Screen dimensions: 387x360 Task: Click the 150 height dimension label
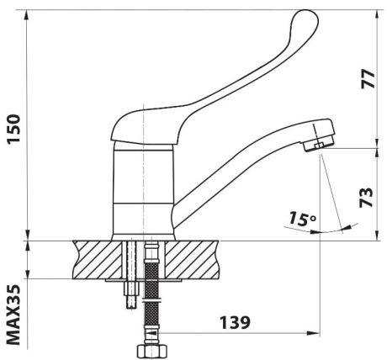[x=14, y=129]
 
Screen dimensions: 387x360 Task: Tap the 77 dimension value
[x=368, y=79]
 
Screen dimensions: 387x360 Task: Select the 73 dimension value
[x=367, y=197]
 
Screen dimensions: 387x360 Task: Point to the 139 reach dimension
[x=235, y=322]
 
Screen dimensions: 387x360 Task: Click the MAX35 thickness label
[x=13, y=315]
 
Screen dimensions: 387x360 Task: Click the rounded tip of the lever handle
[x=306, y=18]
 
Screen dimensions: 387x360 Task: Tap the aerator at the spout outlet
[x=318, y=145]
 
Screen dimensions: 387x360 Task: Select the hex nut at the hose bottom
[x=153, y=352]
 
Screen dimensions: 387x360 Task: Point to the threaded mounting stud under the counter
[x=131, y=293]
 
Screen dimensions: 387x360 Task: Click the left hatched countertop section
[x=98, y=260]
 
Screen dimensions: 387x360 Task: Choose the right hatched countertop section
[x=192, y=260]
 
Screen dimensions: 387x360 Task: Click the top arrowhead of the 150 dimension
[x=27, y=16]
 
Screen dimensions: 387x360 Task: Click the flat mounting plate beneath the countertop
[x=143, y=280]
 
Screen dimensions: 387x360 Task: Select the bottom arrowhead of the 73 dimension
[x=378, y=235]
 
